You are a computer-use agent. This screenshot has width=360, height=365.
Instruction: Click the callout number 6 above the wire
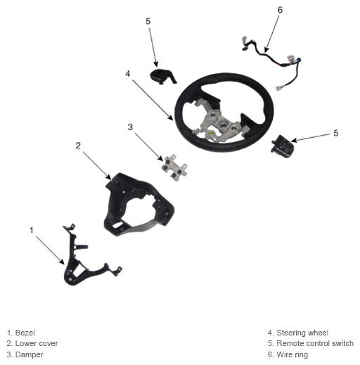(x=280, y=10)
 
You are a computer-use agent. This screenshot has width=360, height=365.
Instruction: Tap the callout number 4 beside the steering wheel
(x=127, y=74)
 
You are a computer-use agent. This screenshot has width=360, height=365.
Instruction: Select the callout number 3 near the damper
(x=130, y=127)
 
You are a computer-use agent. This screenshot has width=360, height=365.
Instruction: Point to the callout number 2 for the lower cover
(x=78, y=146)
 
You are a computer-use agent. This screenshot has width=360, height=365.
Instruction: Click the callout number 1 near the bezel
(x=32, y=230)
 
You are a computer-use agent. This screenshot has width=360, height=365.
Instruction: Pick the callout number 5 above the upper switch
(x=148, y=21)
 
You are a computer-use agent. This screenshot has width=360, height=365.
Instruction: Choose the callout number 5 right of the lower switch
(x=336, y=133)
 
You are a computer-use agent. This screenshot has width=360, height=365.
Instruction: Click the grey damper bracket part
(x=174, y=167)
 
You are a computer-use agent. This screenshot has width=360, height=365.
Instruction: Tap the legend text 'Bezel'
(x=25, y=333)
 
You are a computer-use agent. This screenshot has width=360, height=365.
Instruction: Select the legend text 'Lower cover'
(x=37, y=343)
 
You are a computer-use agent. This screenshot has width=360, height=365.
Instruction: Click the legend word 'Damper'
(x=30, y=354)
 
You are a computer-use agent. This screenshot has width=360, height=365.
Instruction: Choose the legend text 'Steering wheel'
(x=302, y=333)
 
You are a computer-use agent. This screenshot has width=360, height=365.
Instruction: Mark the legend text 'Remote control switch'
(x=315, y=343)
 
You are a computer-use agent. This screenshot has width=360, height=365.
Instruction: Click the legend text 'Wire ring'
(x=292, y=354)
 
